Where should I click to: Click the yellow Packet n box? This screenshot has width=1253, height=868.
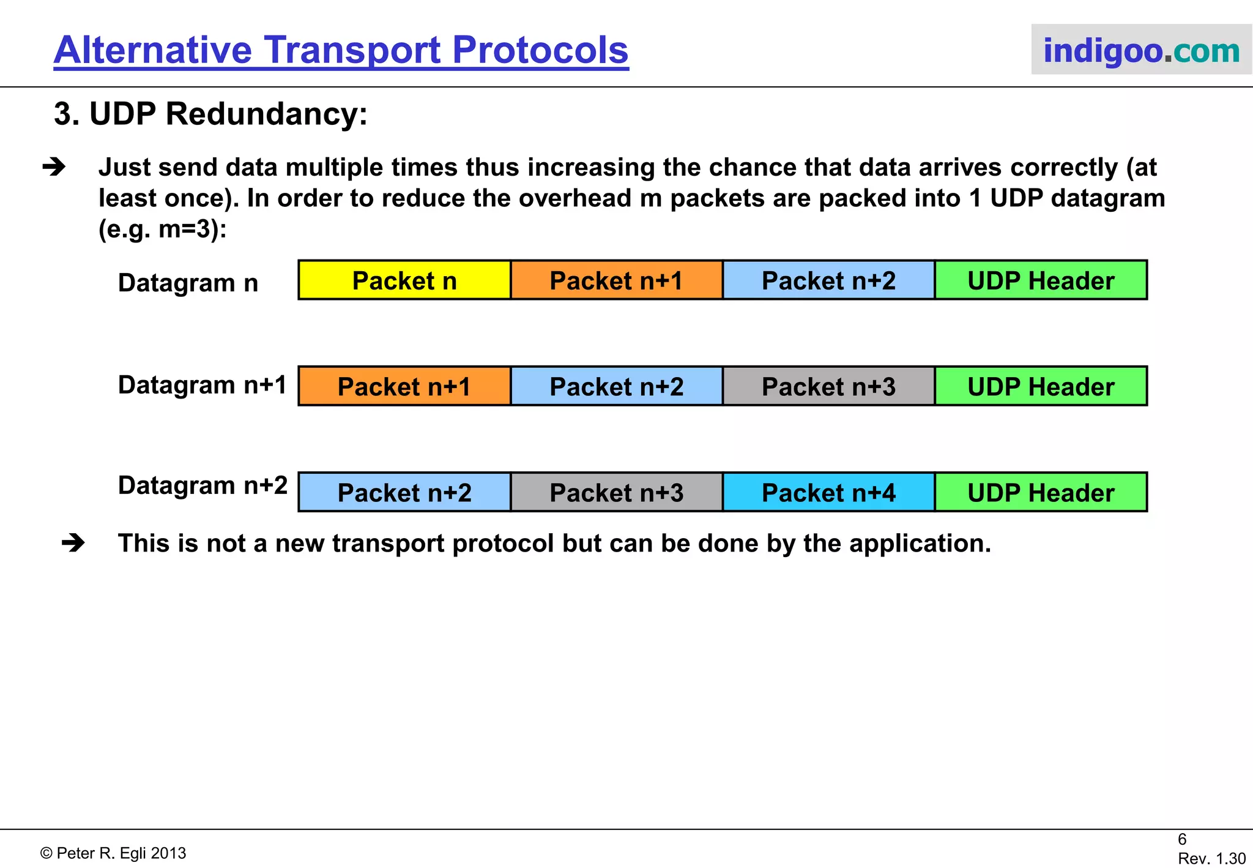404,280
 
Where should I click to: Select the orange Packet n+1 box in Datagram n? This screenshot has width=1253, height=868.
617,280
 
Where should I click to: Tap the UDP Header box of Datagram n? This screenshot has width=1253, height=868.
1041,280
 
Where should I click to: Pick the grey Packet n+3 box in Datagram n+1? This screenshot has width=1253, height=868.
828,386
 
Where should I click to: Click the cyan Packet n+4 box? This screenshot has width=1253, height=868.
828,492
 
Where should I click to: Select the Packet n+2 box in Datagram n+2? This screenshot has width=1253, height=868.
404,492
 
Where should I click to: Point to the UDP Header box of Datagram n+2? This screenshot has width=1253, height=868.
1041,492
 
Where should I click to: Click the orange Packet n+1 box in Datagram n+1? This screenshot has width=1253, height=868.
404,386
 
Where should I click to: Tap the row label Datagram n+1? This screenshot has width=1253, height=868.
202,385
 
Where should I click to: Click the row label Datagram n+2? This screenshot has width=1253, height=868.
202,485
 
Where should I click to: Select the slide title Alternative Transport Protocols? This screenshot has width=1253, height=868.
341,50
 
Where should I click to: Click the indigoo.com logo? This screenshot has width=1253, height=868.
1141,50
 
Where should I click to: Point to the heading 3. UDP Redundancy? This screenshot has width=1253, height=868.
210,114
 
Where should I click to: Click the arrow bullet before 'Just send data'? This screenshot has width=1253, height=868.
54,167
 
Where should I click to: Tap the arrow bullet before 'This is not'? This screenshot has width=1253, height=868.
73,543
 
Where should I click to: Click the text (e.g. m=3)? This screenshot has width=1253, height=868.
162,230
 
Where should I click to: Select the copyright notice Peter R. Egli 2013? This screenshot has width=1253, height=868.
113,853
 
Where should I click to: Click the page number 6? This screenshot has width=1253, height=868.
1182,839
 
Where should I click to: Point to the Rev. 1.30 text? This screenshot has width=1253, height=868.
1211,858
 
